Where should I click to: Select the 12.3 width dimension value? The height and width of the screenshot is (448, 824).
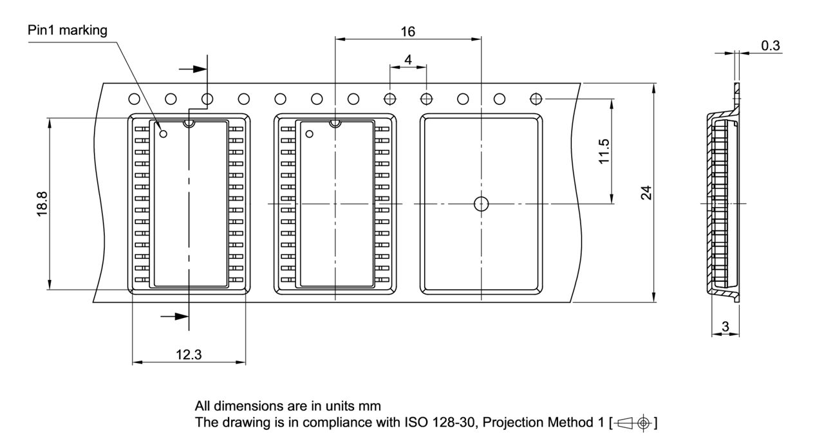pos(188,354)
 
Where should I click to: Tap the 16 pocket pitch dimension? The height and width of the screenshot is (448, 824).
pos(407,32)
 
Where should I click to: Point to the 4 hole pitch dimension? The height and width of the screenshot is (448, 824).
pos(408,60)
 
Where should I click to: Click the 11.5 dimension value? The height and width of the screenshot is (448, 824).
pos(604,151)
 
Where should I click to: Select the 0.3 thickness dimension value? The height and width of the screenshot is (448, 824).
pos(770,46)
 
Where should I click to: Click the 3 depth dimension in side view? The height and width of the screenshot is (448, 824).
pos(726,327)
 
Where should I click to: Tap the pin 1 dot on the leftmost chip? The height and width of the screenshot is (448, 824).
pos(164,134)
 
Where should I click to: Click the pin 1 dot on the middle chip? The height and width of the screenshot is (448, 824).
pos(310,134)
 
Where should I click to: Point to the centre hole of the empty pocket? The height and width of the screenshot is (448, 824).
pos(481,203)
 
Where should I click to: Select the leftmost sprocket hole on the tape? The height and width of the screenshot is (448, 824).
pos(134,99)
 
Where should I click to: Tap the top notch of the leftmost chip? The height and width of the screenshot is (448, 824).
pos(189,123)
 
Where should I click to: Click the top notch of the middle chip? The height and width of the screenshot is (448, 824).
pos(335,123)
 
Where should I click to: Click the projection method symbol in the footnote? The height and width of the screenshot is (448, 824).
pos(634,423)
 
